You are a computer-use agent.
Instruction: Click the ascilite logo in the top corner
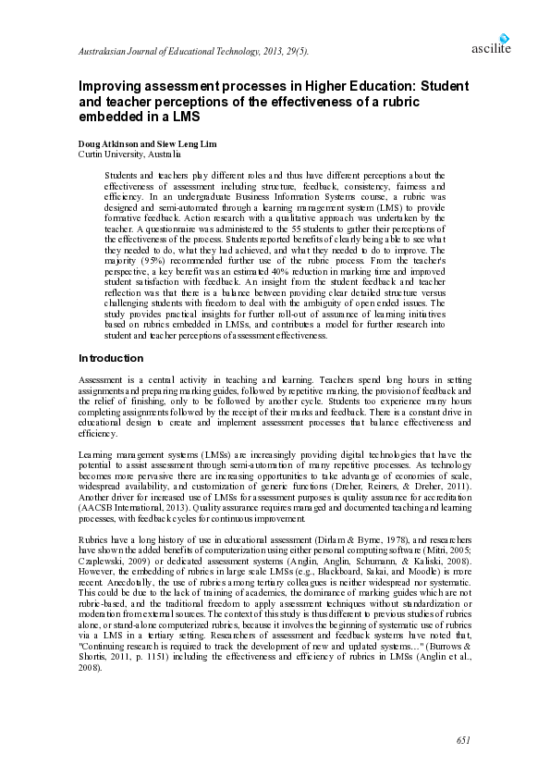pyautogui.click(x=491, y=44)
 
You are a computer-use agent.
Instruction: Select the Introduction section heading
pyautogui.click(x=111, y=357)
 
